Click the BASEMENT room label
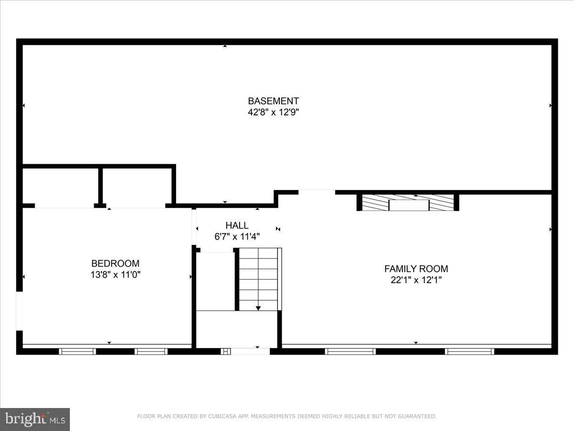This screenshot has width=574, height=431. (273, 101)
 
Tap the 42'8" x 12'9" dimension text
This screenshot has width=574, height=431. (273, 113)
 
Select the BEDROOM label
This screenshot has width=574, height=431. (115, 263)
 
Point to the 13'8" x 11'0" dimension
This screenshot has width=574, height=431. (115, 275)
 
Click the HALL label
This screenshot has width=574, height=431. (237, 226)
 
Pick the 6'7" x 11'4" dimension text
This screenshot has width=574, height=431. (237, 237)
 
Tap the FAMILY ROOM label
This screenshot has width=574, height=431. (416, 269)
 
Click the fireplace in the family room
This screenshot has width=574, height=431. (408, 203)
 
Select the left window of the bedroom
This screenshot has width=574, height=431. (77, 352)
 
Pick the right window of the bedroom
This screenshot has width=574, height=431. (151, 352)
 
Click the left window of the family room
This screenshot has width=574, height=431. (350, 352)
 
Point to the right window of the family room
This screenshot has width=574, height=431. (469, 352)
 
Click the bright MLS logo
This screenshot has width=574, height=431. (35, 419)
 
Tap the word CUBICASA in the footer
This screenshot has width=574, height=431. (221, 417)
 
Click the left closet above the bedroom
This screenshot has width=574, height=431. (61, 187)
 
